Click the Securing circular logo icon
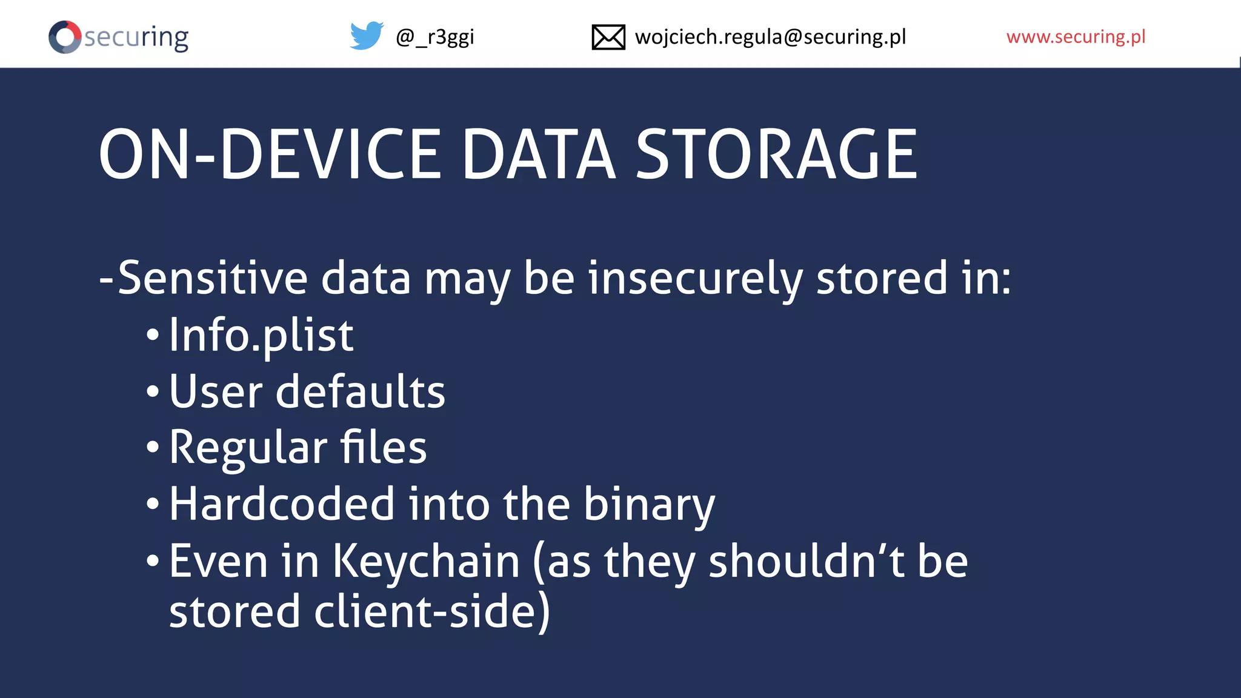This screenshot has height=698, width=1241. pos(65,37)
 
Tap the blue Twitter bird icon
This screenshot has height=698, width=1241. pos(367,36)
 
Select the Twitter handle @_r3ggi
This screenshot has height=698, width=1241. pos(434,38)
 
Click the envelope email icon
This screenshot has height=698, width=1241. pos(608,37)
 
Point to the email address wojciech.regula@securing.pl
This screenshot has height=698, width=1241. pos(770,37)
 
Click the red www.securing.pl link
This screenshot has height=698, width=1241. pos(1076,37)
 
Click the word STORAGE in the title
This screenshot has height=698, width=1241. pos(776,155)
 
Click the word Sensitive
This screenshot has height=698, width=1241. pos(213,278)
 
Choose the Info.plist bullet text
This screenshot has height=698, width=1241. pos(261,336)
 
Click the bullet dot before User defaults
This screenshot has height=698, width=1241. pos(153,391)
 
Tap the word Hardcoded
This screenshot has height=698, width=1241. pos(282,504)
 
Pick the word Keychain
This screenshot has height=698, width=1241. pos(426,562)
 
